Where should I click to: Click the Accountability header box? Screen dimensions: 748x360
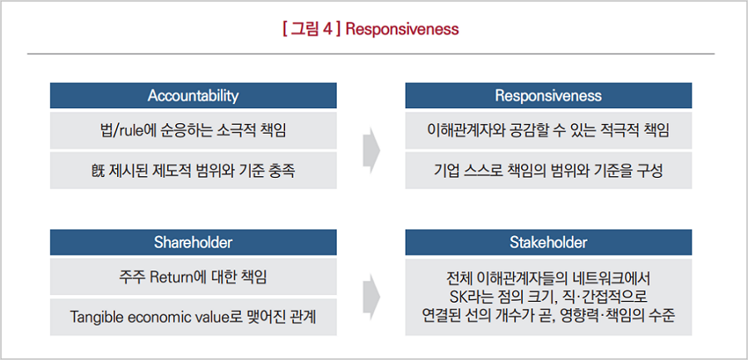point(193,96)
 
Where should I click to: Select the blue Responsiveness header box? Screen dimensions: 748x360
point(549,96)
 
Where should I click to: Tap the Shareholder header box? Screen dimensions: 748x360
point(193,242)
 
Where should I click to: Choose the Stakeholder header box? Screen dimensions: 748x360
point(549,242)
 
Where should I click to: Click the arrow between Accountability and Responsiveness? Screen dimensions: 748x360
point(372,150)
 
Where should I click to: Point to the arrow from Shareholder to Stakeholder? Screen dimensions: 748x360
point(372,297)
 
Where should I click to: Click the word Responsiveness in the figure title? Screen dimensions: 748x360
point(401,29)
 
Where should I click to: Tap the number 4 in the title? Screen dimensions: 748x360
point(327,29)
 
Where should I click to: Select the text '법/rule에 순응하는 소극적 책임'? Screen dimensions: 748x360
point(193,131)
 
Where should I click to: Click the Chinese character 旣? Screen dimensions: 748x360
point(98,171)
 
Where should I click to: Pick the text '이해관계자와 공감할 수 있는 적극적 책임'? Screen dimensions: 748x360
point(549,131)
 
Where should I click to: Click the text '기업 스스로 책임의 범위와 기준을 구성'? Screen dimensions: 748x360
point(549,171)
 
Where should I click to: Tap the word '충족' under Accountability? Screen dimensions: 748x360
point(282,171)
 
